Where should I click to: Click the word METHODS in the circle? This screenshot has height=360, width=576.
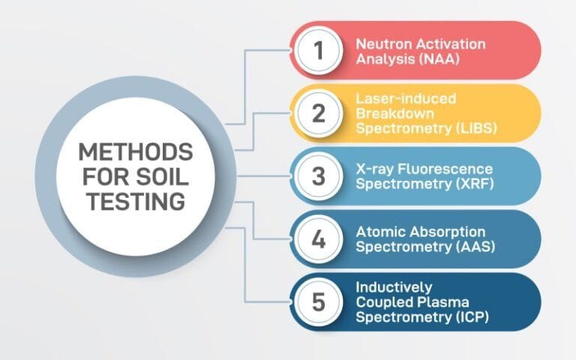pos(136,153)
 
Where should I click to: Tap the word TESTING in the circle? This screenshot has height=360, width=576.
pos(136,202)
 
